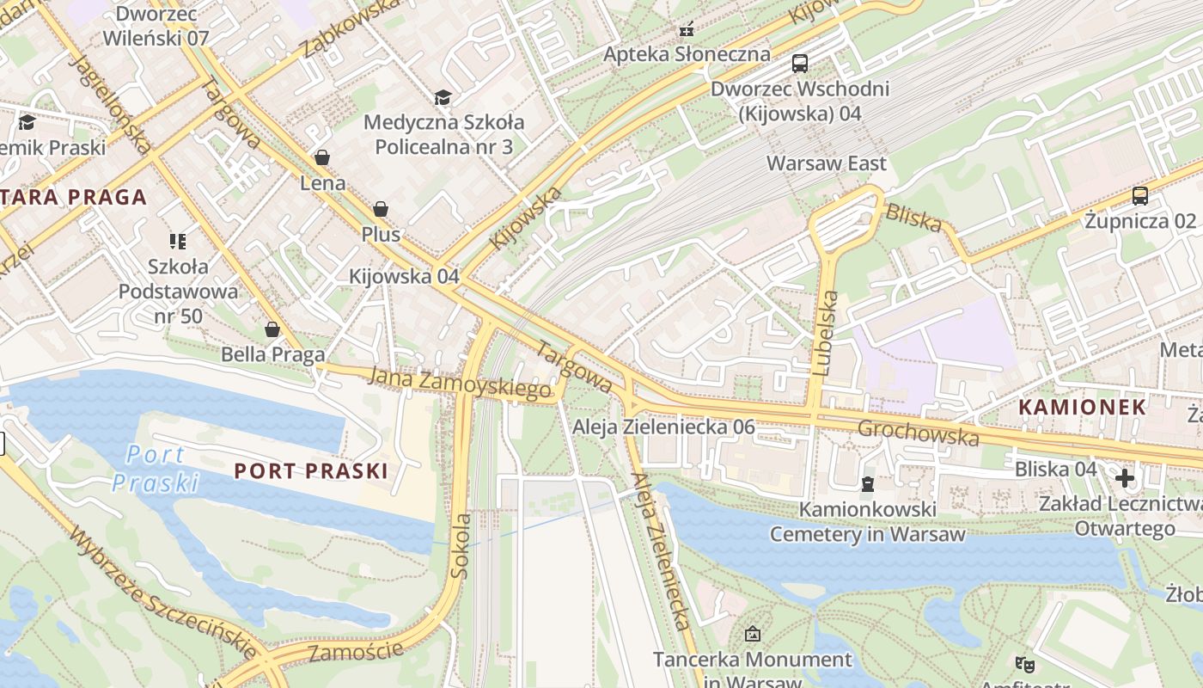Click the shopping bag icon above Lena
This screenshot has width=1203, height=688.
click(322, 157)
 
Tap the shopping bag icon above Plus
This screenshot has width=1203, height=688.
click(380, 209)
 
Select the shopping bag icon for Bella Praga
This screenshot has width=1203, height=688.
click(272, 329)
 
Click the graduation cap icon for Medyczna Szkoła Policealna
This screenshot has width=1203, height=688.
click(443, 97)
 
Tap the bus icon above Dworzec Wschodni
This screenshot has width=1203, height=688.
click(799, 63)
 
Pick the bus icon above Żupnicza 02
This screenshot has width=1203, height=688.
click(1139, 196)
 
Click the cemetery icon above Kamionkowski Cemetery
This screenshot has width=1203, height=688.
click(867, 484)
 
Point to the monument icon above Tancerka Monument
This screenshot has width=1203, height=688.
click(753, 634)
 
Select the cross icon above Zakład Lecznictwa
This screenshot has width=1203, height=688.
click(1124, 477)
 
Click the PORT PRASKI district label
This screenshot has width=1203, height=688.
click(310, 470)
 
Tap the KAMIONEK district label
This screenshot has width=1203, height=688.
click(1083, 408)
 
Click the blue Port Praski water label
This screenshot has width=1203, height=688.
click(155, 468)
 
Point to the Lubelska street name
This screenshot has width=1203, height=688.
click(825, 334)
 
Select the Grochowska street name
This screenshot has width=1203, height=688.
click(918, 433)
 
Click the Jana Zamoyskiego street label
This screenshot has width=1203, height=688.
click(460, 383)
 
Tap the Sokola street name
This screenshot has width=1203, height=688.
click(461, 545)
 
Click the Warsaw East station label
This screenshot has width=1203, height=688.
click(827, 163)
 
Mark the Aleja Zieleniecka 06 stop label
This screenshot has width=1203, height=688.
click(663, 427)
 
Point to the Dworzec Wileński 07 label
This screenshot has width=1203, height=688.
click(156, 26)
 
